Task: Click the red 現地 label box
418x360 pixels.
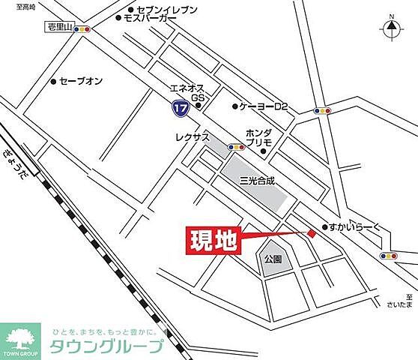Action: click(x=212, y=241)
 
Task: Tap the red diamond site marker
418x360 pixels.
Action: click(x=312, y=234)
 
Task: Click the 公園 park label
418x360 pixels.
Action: click(x=272, y=259)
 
